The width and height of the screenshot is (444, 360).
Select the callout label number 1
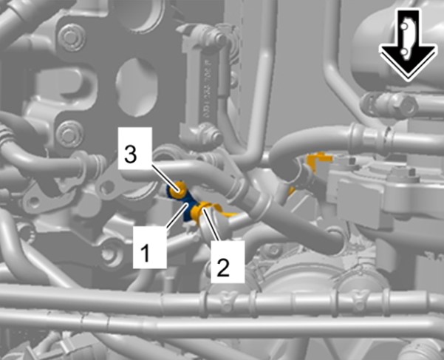pos(150,248)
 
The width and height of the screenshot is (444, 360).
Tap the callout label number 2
pos(228,262)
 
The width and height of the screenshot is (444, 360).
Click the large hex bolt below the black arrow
pos(403,106)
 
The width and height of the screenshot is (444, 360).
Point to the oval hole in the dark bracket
pos(136,87)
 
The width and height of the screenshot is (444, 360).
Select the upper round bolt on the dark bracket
pos(70,37)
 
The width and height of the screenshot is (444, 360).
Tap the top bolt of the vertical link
pos(217,38)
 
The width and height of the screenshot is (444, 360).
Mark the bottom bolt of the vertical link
pos(212,133)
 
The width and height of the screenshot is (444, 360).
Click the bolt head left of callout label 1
pos(109,254)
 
